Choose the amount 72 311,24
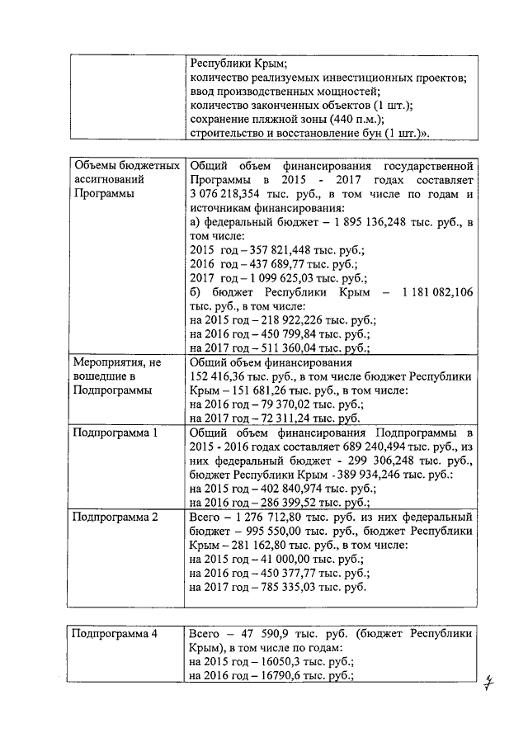(x=290, y=418)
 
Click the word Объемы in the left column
(x=95, y=167)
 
